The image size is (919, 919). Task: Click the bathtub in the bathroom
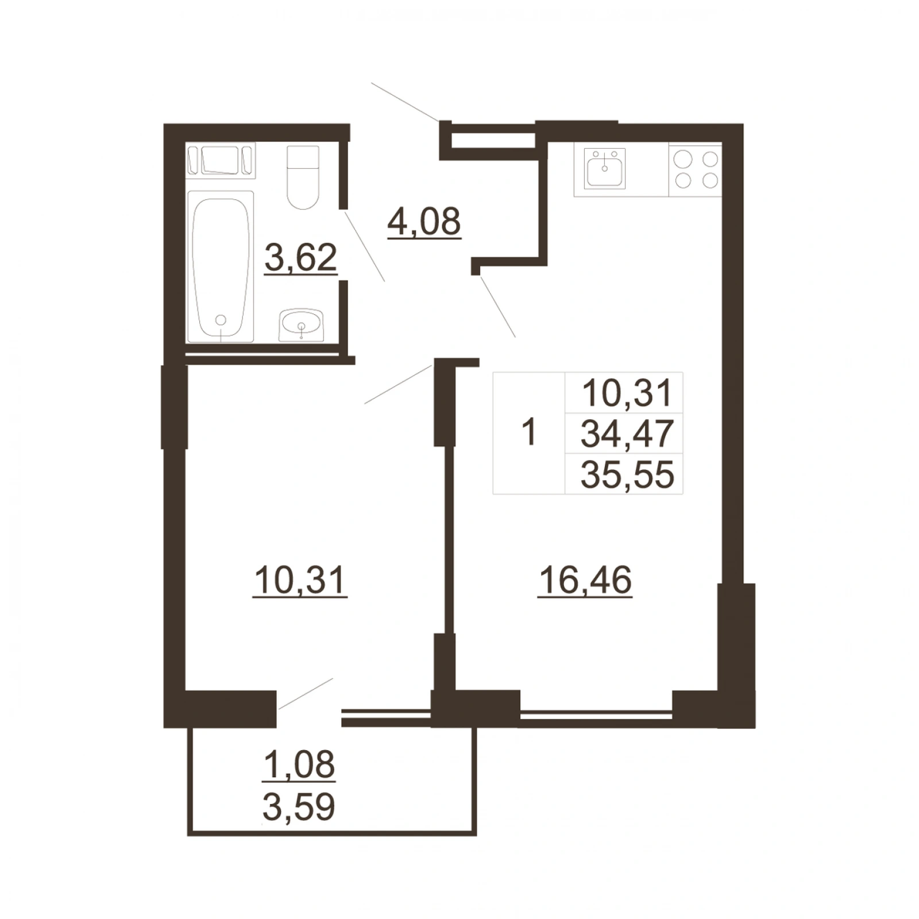[221, 267]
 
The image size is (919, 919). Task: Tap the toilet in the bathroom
[303, 177]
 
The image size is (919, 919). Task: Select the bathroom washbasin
[302, 325]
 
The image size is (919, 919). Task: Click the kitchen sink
[604, 168]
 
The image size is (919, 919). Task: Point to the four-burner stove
[696, 169]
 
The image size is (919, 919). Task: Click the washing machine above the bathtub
[221, 160]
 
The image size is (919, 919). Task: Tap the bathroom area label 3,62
[301, 258]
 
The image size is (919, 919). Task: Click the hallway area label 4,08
[424, 222]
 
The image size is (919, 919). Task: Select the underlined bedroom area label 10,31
[300, 581]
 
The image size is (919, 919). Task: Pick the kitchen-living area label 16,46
[585, 581]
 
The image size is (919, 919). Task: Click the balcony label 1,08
[299, 766]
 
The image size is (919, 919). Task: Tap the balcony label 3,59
[299, 807]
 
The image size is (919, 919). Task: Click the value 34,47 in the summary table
[627, 434]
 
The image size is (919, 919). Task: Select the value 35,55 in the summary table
[627, 475]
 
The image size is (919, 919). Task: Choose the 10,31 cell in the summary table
[627, 393]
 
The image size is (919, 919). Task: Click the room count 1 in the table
[528, 433]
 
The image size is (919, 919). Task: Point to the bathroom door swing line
[364, 246]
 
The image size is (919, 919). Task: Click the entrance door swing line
[406, 102]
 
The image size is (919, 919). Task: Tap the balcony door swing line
[306, 694]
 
